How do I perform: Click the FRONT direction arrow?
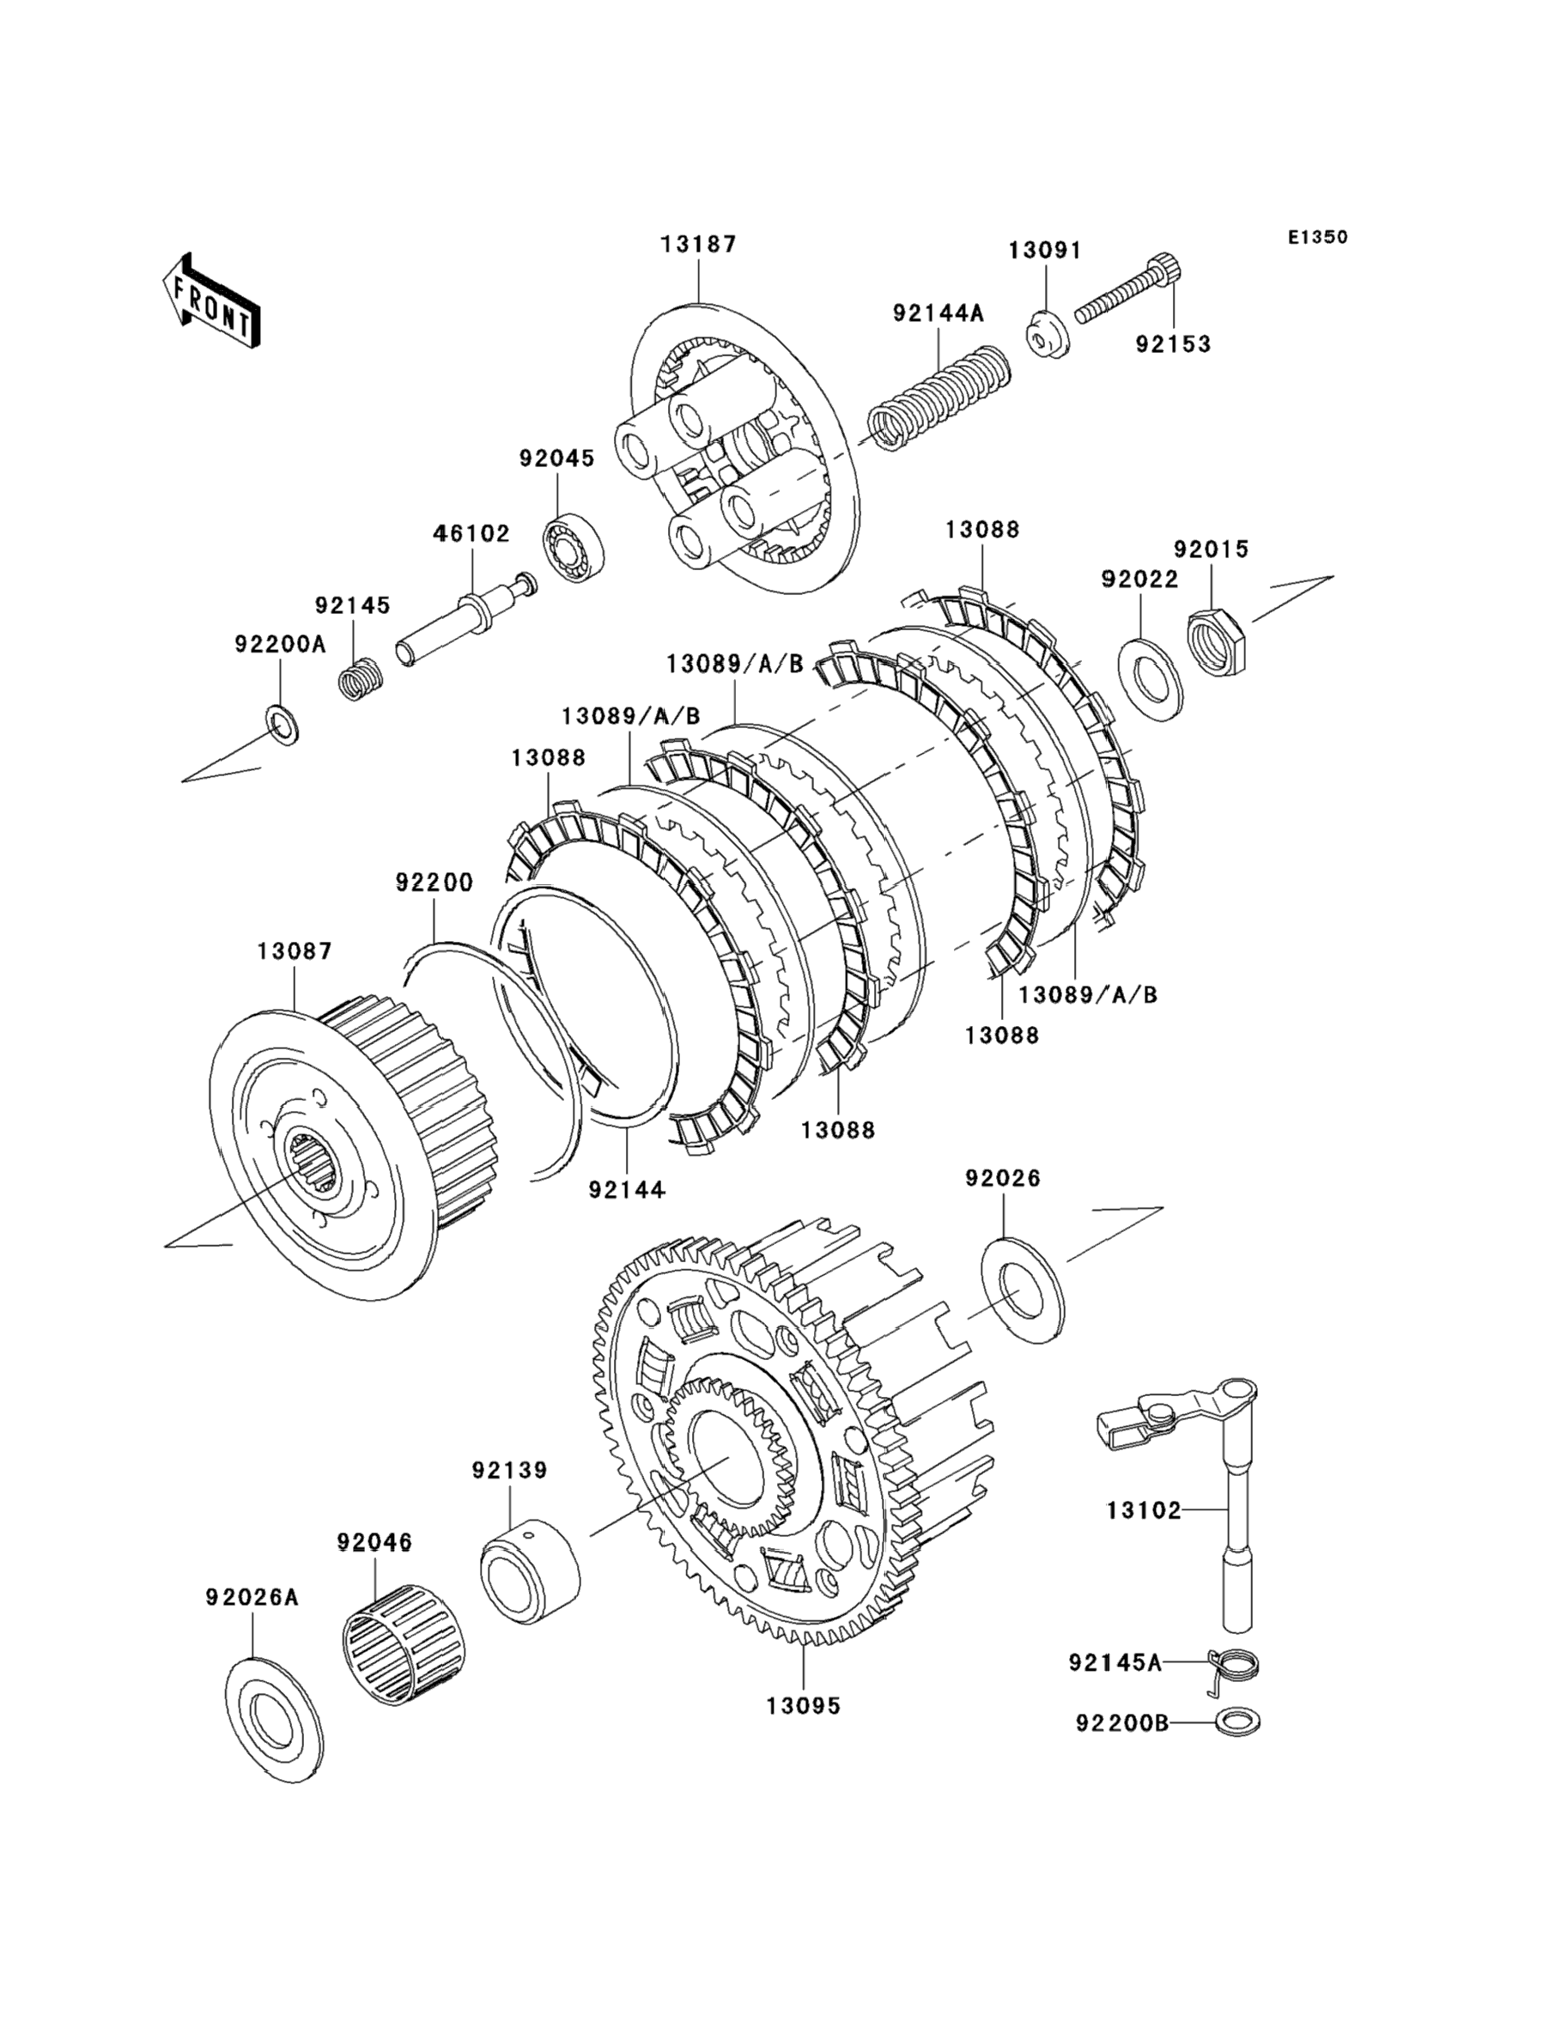click(x=210, y=301)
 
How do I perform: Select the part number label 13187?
click(x=699, y=245)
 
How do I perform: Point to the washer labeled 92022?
click(x=1149, y=677)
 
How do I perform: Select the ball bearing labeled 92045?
click(x=574, y=550)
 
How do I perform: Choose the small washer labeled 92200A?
click(x=282, y=726)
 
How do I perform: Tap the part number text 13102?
click(x=1144, y=1510)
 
